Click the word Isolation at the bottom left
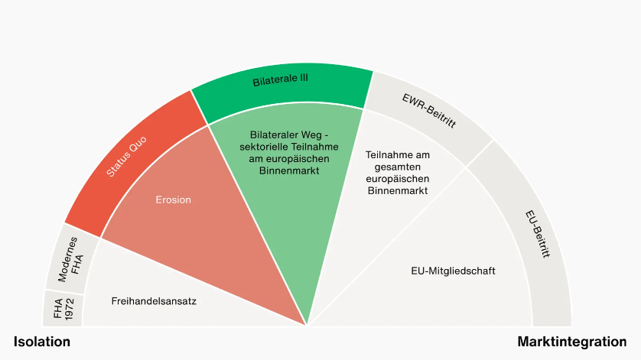[42, 342]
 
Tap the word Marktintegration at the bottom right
[572, 342]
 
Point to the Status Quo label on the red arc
[127, 157]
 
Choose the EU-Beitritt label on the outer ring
[538, 233]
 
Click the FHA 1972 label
[63, 309]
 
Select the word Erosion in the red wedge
[173, 199]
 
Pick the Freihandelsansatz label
[154, 301]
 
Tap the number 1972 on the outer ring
[69, 309]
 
